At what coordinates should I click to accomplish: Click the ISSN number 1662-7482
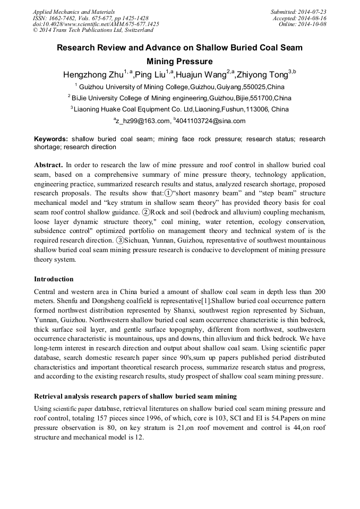click(63, 18)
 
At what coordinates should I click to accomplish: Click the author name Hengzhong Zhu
click(93, 74)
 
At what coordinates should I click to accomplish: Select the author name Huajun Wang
click(201, 74)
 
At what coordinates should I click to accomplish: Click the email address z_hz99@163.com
click(142, 121)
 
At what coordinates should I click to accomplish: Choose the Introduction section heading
click(54, 279)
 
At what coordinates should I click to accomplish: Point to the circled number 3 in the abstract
click(120, 240)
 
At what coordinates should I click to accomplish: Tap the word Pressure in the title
click(194, 61)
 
